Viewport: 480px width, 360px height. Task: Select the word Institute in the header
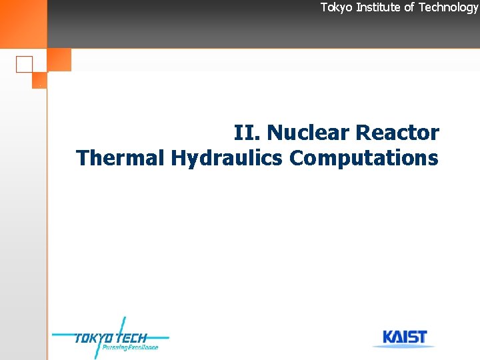point(378,7)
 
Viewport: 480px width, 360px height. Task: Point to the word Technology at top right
point(448,7)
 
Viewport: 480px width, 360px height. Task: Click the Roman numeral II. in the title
point(247,133)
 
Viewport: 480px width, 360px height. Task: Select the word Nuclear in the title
point(309,133)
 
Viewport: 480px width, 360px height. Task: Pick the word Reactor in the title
point(397,133)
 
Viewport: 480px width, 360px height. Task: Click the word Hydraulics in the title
point(227,159)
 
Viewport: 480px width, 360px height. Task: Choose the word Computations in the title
point(364,158)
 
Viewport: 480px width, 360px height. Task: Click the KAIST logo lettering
point(405,337)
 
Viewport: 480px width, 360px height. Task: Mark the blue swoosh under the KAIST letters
point(405,346)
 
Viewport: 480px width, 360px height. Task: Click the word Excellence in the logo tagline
point(141,347)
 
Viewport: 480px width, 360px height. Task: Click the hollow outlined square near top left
point(24,64)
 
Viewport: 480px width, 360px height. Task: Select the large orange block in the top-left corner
point(23,24)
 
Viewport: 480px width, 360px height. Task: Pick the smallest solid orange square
point(39,80)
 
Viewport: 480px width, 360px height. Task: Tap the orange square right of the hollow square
point(59,60)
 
